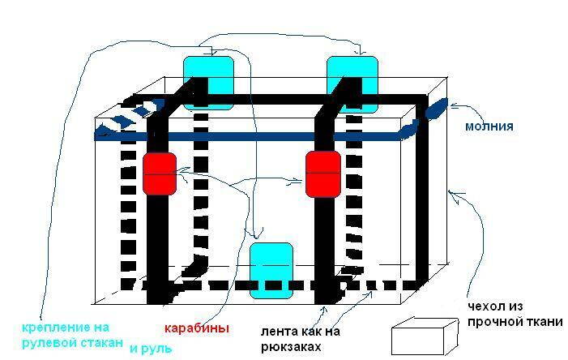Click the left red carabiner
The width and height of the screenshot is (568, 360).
(160, 173)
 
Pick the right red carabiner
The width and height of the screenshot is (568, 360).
(322, 173)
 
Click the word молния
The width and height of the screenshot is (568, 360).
(489, 126)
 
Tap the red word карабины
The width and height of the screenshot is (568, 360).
(197, 328)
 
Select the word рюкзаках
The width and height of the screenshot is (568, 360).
(291, 347)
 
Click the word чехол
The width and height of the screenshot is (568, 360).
(486, 307)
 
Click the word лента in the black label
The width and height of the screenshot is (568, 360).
(277, 332)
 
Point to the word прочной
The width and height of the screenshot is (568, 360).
(497, 322)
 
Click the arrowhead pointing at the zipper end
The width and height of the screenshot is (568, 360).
(454, 105)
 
